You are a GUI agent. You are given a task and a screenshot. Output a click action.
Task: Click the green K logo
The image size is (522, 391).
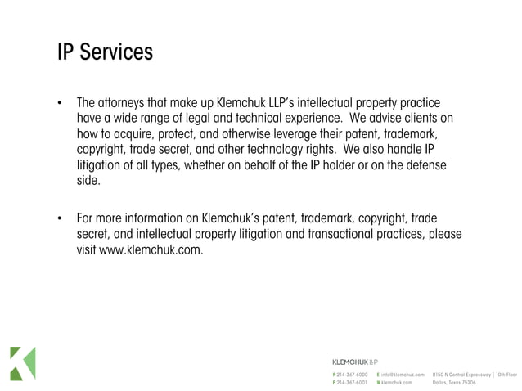coord(22,363)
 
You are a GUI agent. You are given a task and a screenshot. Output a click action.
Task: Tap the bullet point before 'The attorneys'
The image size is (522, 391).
coord(60,105)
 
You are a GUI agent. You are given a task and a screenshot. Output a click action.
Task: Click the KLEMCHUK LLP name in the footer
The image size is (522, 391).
coord(353,361)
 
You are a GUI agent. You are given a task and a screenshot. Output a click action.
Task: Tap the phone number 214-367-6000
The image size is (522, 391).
coord(352,374)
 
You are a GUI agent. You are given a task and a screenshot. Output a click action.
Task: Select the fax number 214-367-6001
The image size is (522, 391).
coord(352,382)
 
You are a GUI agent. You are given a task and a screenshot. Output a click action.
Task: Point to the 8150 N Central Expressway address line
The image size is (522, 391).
coord(475,374)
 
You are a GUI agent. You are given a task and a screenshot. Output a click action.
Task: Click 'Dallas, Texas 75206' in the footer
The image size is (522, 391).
coord(454,382)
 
